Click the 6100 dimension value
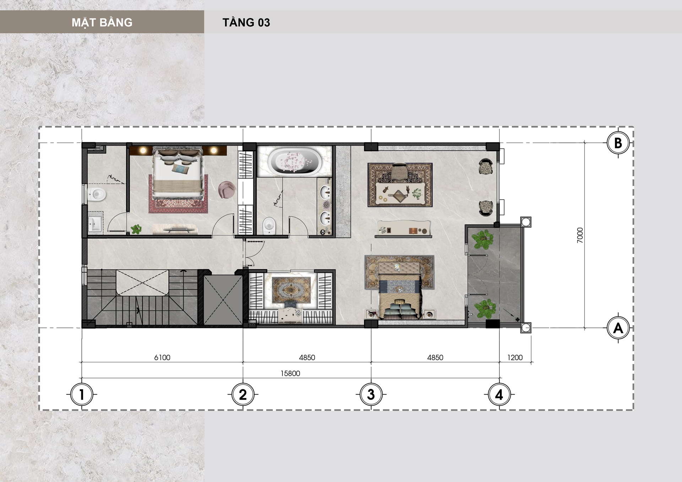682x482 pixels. [162, 357]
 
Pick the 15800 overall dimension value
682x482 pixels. [290, 373]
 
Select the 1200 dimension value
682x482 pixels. [515, 357]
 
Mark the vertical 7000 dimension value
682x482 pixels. [580, 235]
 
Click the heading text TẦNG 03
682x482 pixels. [246, 22]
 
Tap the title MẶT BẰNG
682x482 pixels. [102, 22]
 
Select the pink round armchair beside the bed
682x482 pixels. [227, 189]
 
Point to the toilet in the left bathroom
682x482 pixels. [97, 194]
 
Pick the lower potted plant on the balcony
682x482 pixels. [485, 308]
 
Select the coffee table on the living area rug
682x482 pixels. [400, 193]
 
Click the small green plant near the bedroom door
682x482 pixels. [136, 229]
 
